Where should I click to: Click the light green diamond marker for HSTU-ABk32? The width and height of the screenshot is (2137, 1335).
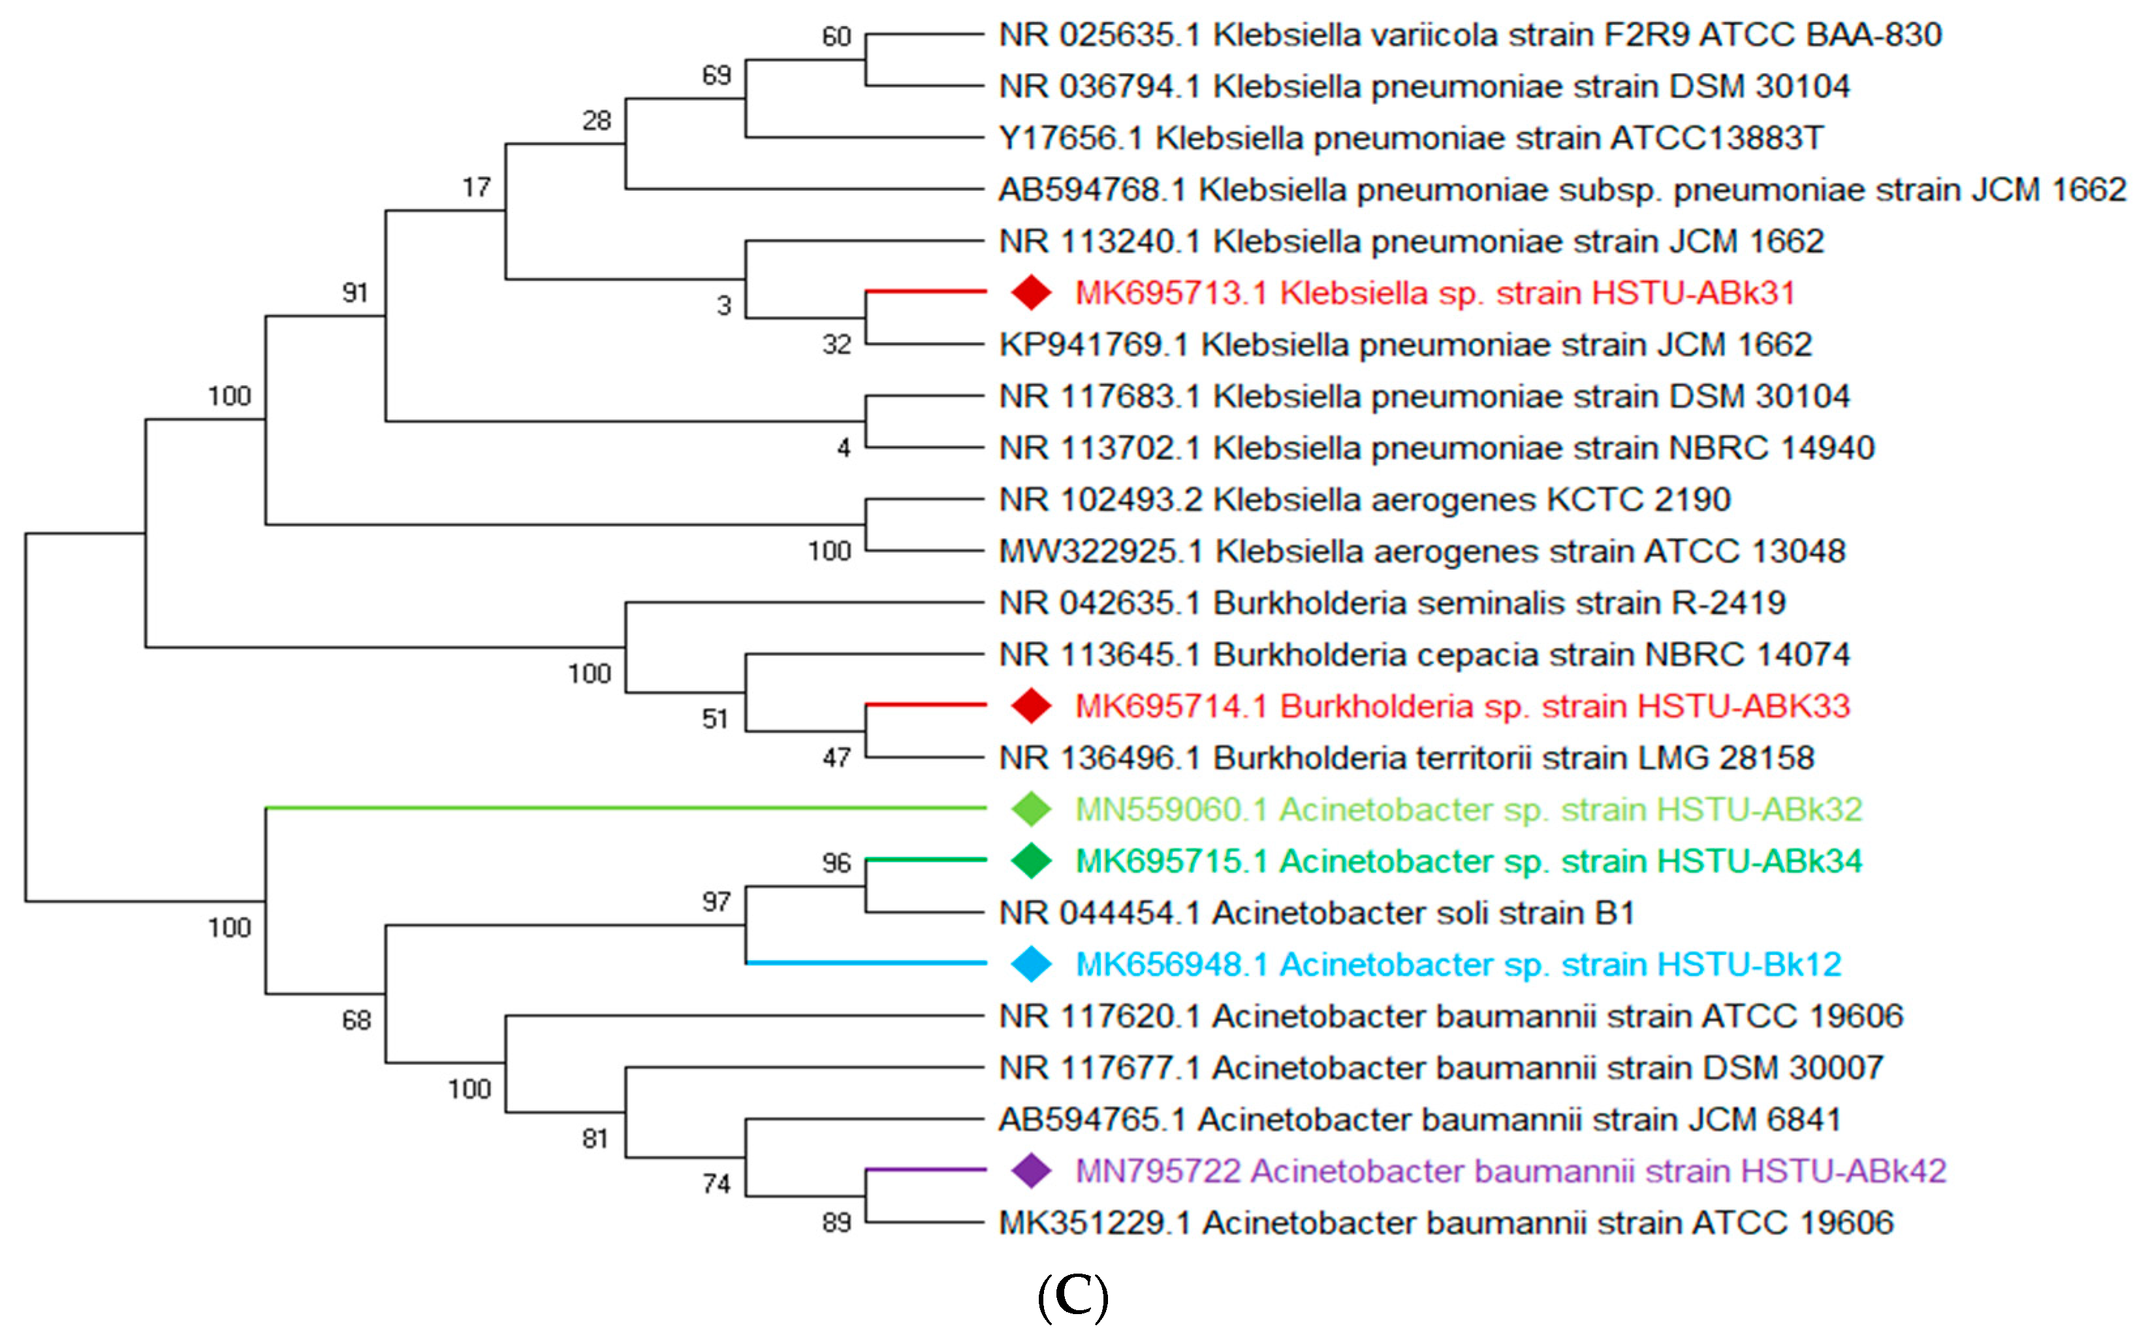tap(1030, 809)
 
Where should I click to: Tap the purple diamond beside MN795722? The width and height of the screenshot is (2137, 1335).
tap(1030, 1171)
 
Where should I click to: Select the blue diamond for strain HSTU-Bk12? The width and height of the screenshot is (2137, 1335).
tap(1030, 964)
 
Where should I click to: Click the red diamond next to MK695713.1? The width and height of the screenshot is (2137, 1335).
tap(1030, 292)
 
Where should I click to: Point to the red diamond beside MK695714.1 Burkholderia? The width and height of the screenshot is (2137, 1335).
tap(1030, 705)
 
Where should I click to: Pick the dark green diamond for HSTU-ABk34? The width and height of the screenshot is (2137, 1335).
tap(1030, 861)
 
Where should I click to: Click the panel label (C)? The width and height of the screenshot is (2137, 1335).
tap(1073, 1297)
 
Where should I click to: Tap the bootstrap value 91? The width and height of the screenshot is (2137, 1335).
tap(355, 292)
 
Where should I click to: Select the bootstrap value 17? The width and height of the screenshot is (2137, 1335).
tap(477, 187)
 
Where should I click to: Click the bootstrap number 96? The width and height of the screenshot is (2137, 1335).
tap(836, 863)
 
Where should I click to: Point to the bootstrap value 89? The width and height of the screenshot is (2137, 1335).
tap(836, 1223)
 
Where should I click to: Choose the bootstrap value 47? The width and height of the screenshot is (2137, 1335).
tap(836, 758)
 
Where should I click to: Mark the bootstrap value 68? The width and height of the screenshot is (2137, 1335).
tap(356, 1021)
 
